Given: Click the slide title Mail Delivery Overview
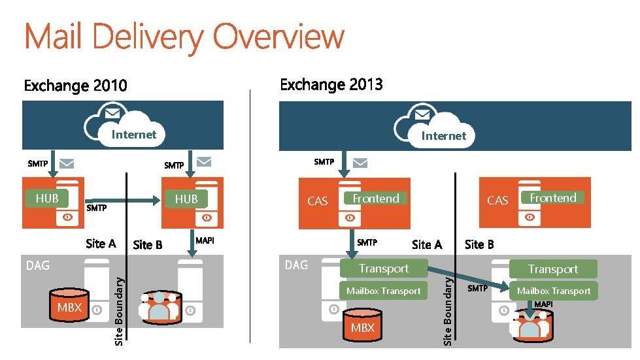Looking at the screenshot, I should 184,37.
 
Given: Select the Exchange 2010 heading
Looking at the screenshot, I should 76,86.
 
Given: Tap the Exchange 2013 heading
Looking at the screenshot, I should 331,84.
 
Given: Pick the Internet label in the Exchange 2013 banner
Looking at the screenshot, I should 443,135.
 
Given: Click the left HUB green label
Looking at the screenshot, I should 47,198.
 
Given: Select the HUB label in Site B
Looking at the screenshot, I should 186,199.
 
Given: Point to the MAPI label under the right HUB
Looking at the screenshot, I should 205,240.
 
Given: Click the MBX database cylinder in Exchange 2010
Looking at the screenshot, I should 70,306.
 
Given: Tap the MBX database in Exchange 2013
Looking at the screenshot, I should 363,326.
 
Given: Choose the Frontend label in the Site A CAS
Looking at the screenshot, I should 376,198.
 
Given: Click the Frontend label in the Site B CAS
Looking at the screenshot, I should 553,197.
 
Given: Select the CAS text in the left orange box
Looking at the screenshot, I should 318,201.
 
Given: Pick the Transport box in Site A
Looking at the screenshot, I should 383,269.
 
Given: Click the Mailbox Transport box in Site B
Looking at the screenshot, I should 554,291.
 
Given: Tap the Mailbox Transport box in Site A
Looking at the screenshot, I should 383,291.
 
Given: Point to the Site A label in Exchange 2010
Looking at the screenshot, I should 101,244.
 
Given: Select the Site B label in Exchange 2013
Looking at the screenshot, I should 479,244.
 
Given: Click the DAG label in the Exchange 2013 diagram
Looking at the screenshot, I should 297,265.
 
